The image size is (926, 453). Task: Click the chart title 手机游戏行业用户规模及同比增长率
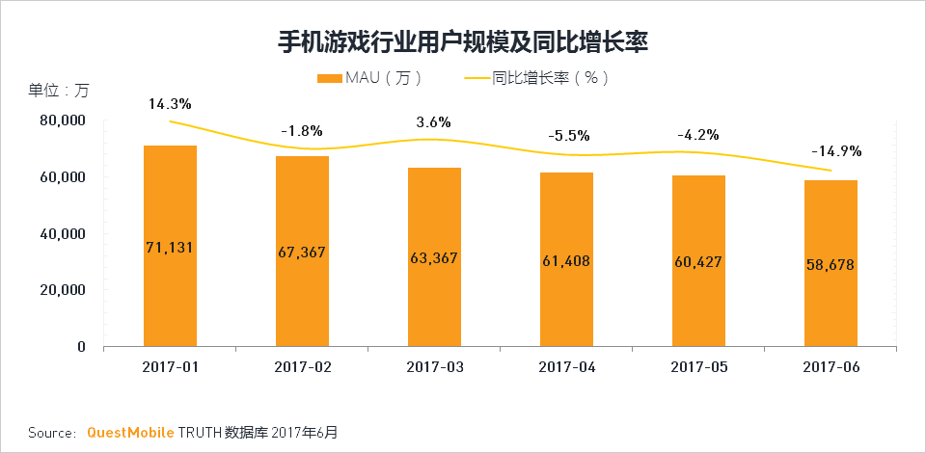[463, 42]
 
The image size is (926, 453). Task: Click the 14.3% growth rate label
[170, 103]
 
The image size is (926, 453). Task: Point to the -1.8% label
[301, 130]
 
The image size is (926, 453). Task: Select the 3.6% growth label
[434, 122]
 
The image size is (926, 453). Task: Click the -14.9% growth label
[836, 151]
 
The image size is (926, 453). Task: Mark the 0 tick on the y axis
[82, 347]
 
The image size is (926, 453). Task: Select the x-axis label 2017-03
[434, 367]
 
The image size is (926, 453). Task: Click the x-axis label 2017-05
[698, 367]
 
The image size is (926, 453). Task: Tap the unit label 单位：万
[58, 91]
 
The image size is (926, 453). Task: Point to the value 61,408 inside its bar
[566, 260]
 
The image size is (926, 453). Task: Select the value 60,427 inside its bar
[698, 262]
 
